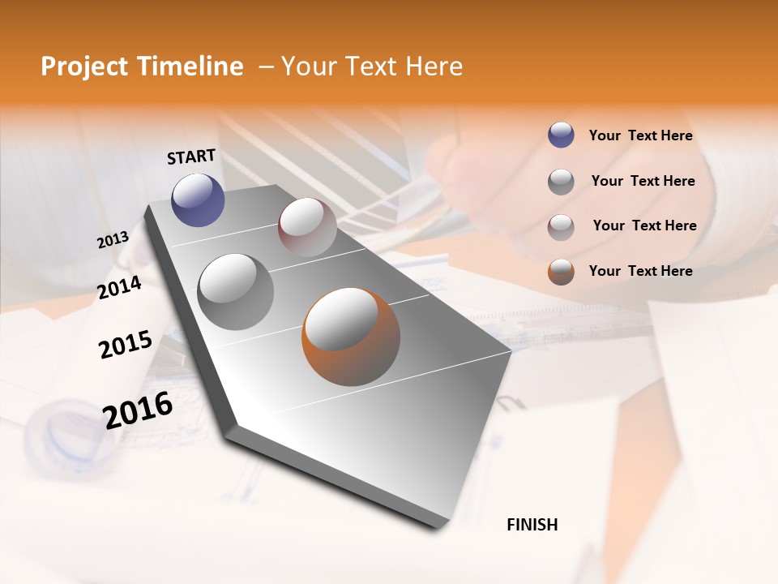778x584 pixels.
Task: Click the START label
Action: click(x=191, y=157)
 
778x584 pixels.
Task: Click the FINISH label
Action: click(x=532, y=525)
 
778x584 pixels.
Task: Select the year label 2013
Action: click(x=113, y=240)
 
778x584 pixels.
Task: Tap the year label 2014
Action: click(x=119, y=287)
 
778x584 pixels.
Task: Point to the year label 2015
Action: click(x=126, y=345)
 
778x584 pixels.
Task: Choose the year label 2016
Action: click(x=138, y=410)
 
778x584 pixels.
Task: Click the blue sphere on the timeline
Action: click(x=199, y=200)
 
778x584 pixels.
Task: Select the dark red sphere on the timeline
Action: click(x=307, y=227)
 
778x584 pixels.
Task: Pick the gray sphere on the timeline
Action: click(x=236, y=291)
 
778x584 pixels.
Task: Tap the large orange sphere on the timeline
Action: click(x=351, y=336)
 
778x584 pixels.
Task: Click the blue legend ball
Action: click(x=561, y=135)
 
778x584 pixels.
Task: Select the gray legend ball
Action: click(x=561, y=182)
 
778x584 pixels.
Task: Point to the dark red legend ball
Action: click(x=561, y=226)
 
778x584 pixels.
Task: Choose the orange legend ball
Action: click(x=561, y=272)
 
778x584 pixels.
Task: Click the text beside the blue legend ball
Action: click(x=640, y=135)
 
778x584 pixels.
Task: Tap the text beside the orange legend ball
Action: click(x=640, y=271)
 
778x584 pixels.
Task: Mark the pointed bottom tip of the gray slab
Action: click(x=437, y=526)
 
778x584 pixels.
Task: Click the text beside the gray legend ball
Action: click(x=643, y=181)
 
